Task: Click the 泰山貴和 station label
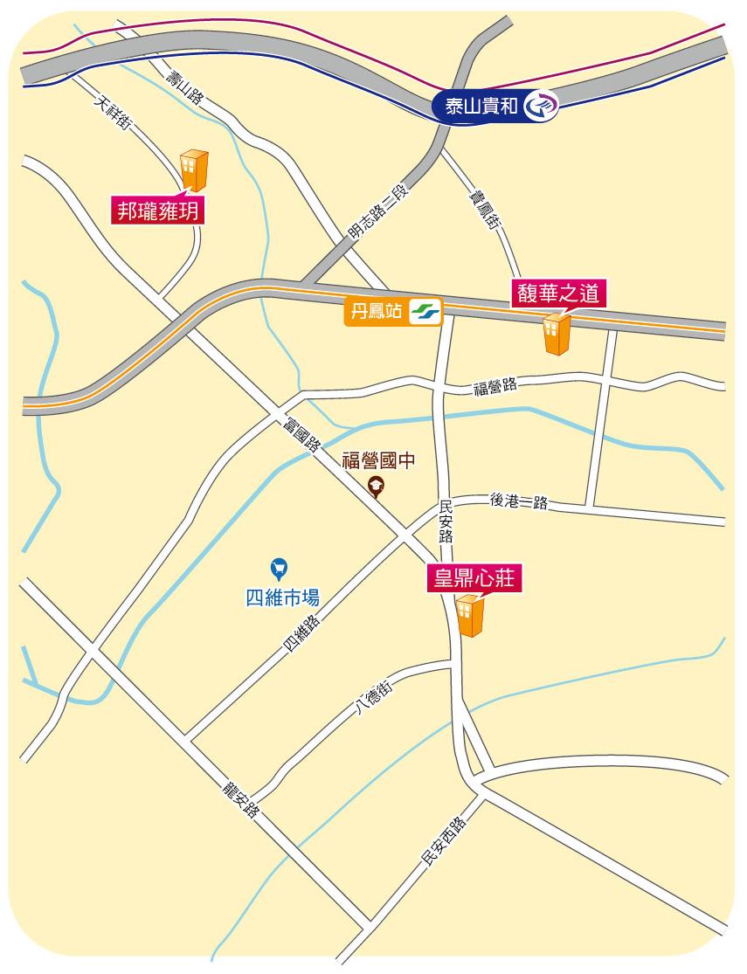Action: pyautogui.click(x=482, y=107)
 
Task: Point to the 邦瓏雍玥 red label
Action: pyautogui.click(x=158, y=211)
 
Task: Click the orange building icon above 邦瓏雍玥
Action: pyautogui.click(x=194, y=169)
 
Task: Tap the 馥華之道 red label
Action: pyautogui.click(x=557, y=294)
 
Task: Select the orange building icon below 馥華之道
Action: pyautogui.click(x=556, y=334)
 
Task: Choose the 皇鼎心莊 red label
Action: pyautogui.click(x=474, y=579)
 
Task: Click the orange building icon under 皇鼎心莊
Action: pyautogui.click(x=471, y=616)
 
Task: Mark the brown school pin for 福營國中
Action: pyautogui.click(x=377, y=487)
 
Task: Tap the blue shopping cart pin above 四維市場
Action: pyautogui.click(x=278, y=569)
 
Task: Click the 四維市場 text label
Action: pyautogui.click(x=281, y=598)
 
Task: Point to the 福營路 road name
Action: pyautogui.click(x=495, y=385)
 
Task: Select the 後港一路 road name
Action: pyautogui.click(x=519, y=501)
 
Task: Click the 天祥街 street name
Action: pyautogui.click(x=113, y=114)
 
